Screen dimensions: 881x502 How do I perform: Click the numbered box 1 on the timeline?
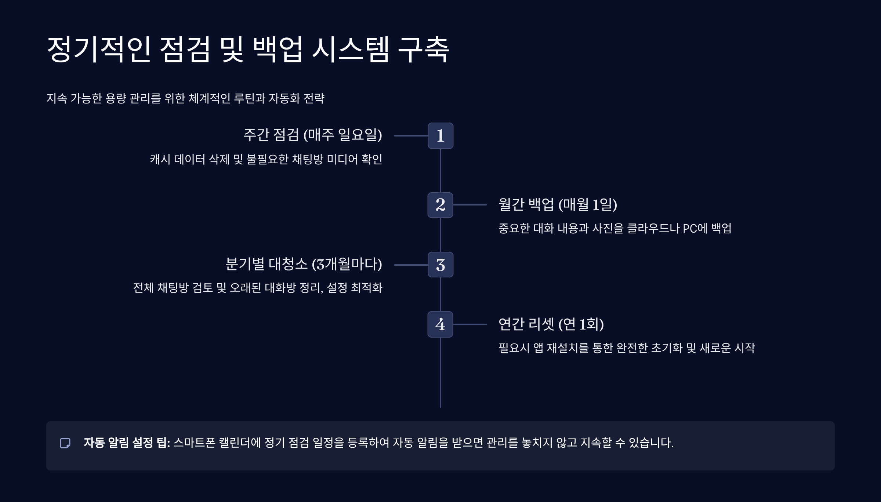click(x=440, y=136)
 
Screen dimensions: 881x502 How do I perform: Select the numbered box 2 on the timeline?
click(x=440, y=205)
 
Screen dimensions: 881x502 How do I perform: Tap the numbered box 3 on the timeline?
click(x=440, y=265)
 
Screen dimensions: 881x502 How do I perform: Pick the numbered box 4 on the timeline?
click(x=440, y=324)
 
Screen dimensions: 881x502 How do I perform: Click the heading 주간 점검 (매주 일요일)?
click(x=313, y=135)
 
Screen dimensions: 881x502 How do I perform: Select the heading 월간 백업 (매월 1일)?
click(x=557, y=204)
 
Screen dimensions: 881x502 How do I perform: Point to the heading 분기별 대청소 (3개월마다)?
click(x=304, y=264)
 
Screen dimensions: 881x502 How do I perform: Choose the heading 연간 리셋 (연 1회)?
click(x=551, y=324)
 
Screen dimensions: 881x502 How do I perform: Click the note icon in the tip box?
click(x=65, y=443)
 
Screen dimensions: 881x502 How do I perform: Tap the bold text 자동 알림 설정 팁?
click(x=127, y=443)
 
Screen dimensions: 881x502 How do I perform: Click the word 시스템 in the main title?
click(x=350, y=50)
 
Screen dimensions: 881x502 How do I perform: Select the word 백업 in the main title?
click(x=278, y=50)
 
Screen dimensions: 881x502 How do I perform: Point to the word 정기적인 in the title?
click(x=99, y=50)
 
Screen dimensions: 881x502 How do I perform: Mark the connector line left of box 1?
click(x=411, y=136)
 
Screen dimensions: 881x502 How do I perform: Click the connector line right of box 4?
click(x=470, y=324)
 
